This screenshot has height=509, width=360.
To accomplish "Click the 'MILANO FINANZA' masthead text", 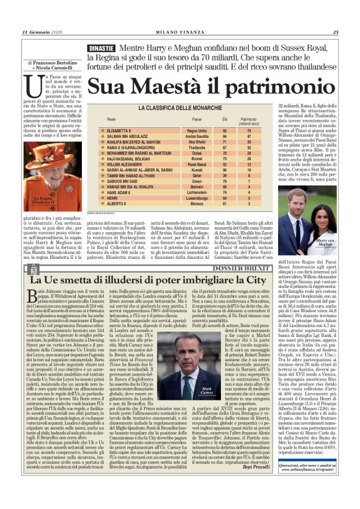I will (180, 32).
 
